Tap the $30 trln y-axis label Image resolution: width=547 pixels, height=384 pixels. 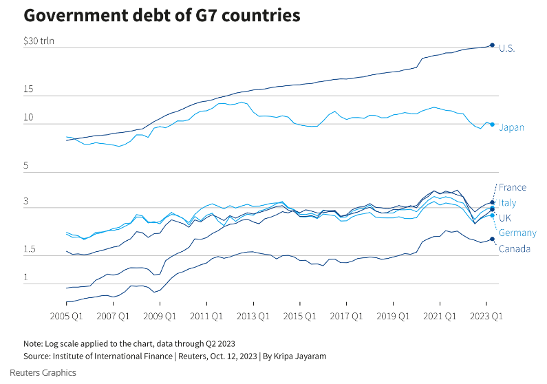coord(39,41)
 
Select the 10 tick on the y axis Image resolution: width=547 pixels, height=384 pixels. coord(29,118)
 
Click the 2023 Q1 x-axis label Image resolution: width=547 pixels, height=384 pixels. coord(486,317)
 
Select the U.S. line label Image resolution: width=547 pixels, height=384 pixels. coord(507,48)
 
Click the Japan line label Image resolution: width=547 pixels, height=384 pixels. coord(511,127)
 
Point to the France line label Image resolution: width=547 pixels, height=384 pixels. coord(513,187)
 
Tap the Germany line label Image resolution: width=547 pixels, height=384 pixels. coord(517,233)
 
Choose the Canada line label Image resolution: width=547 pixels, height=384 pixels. coord(514,248)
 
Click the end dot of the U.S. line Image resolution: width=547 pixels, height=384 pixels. coord(492,45)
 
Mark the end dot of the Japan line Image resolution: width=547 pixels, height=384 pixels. coord(492,125)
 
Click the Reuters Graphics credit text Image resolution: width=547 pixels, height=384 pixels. coord(49,372)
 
